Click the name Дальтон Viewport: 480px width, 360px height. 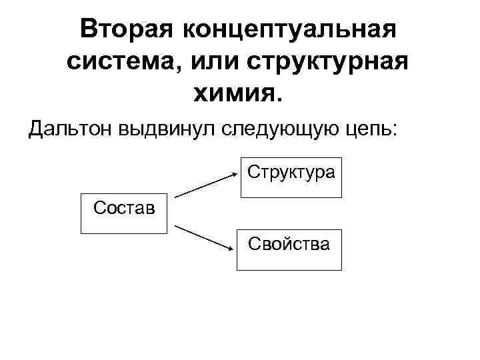tap(71, 128)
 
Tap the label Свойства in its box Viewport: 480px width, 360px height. tap(289, 243)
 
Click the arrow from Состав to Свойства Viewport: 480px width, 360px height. tap(207, 237)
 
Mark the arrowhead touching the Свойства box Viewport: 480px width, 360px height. tap(234, 249)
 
